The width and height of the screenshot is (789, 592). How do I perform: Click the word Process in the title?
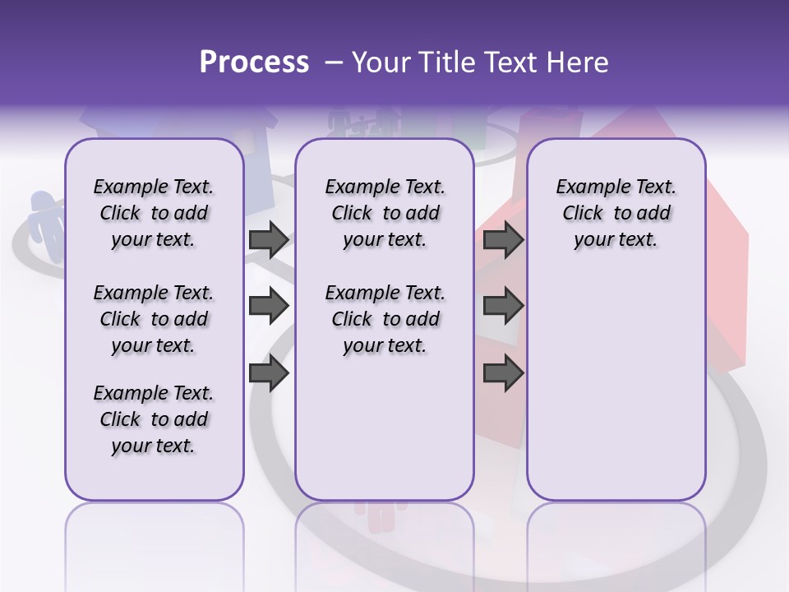pos(254,62)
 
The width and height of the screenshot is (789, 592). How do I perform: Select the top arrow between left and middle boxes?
pos(269,239)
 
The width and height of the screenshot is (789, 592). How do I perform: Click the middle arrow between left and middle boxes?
pos(269,306)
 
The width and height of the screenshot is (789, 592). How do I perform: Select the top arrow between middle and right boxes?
pos(503,239)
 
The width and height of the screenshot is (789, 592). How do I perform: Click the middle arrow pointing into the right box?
pos(503,306)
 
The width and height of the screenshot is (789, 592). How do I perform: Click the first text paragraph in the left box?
pos(154,213)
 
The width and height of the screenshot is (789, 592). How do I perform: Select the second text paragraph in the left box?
pos(154,319)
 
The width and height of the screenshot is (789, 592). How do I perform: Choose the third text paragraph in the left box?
pos(154,419)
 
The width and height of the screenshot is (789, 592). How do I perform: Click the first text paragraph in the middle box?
pos(385,213)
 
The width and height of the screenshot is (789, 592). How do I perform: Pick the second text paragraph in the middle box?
pos(385,319)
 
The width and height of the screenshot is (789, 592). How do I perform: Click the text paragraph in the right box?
pos(616,213)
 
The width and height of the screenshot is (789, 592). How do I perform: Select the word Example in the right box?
pos(590,187)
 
